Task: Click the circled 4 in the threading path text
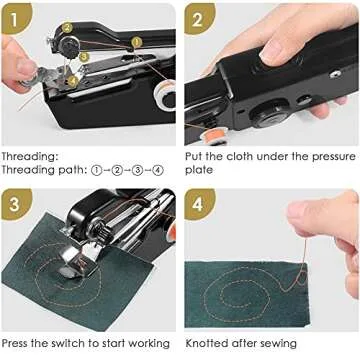(x=158, y=170)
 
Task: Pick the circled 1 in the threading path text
(x=98, y=170)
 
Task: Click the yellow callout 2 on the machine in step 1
(x=67, y=29)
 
